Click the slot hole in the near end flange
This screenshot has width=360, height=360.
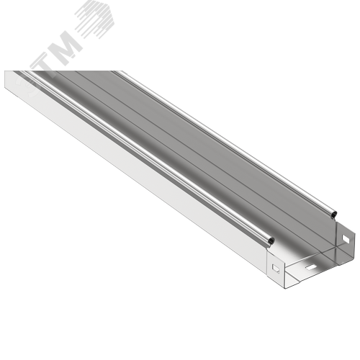[x=276, y=268]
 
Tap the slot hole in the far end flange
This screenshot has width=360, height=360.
[x=346, y=238]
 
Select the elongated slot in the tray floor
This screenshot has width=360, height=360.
[x=310, y=266]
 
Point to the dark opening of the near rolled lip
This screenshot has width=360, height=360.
[x=271, y=240]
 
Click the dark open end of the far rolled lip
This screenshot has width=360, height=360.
[x=334, y=214]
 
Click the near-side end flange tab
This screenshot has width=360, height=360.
[x=275, y=267]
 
